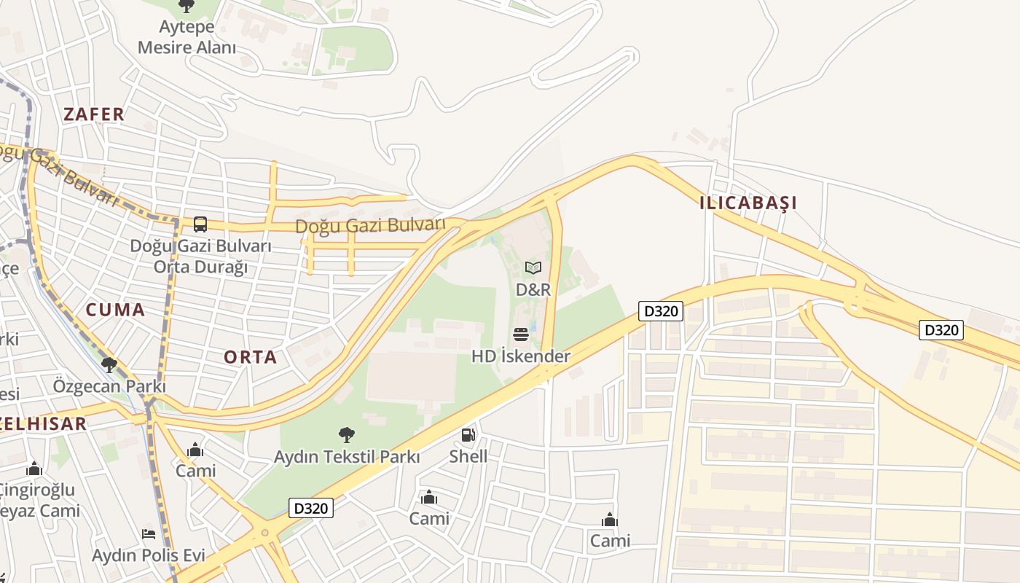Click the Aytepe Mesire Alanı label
tap(187, 38)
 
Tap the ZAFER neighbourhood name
tap(94, 114)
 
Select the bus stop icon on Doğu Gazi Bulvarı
tap(200, 224)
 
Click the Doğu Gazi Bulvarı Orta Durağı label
tap(200, 256)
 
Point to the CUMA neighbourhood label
tap(115, 310)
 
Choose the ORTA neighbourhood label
tap(250, 357)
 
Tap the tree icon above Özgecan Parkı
tap(109, 364)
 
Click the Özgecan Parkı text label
tap(109, 386)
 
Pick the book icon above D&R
tap(533, 268)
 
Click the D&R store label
tap(533, 289)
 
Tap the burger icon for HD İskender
tap(520, 334)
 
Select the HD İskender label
tap(520, 356)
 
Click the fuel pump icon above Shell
tap(468, 435)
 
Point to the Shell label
tap(468, 457)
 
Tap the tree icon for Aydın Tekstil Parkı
tap(347, 435)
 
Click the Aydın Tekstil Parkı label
tap(347, 457)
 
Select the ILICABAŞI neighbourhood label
tap(748, 203)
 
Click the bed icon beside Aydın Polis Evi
tap(149, 534)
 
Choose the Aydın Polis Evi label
tap(149, 555)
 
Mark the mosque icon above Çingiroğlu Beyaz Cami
tap(34, 469)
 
